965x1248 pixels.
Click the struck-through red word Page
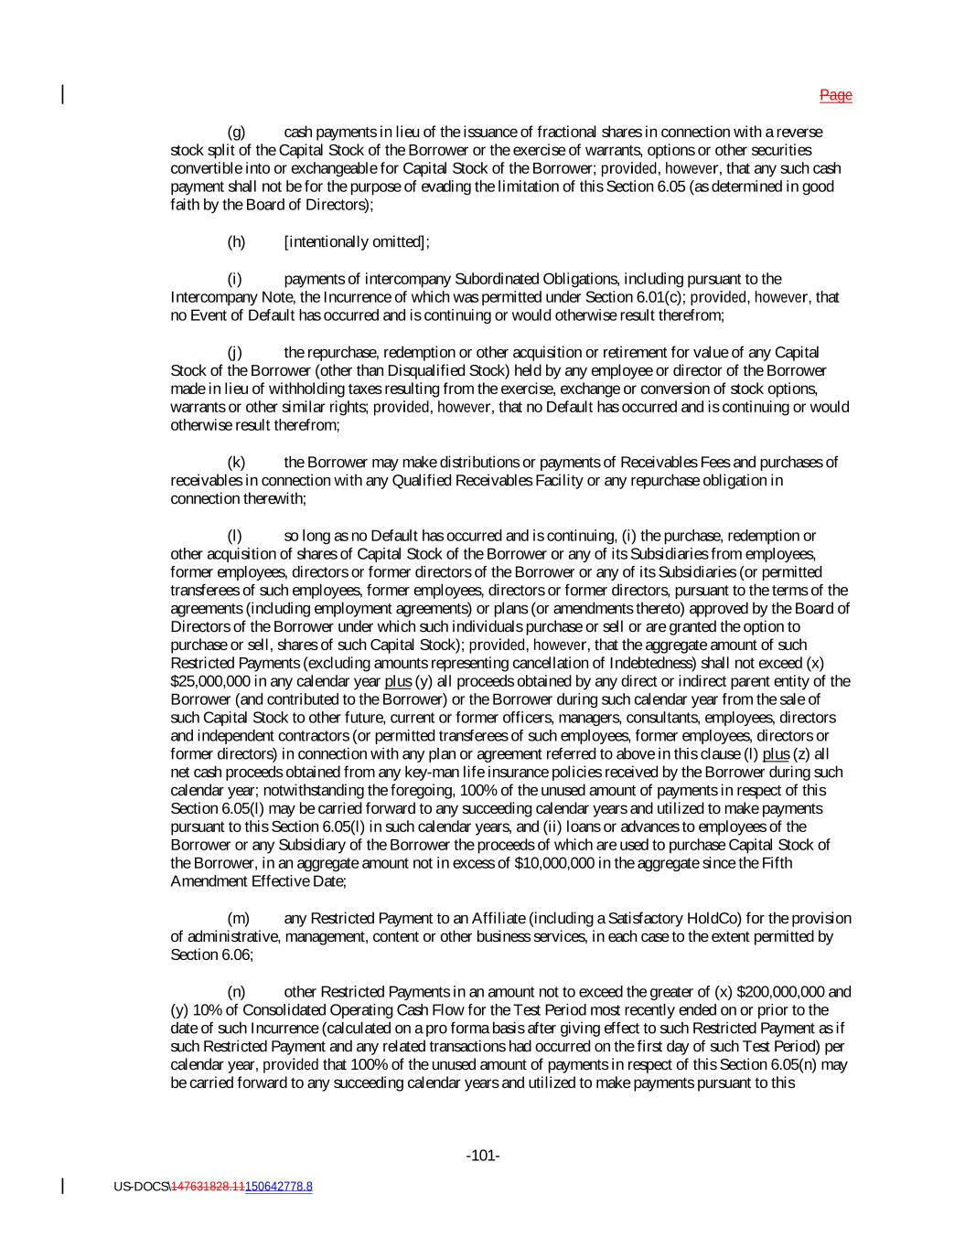point(835,95)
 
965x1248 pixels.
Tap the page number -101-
point(483,1157)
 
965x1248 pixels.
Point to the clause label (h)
point(236,242)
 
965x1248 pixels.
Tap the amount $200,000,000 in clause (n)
point(780,992)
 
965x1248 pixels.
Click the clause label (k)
point(236,463)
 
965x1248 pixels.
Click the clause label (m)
point(238,919)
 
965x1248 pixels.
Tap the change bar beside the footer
point(62,1186)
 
